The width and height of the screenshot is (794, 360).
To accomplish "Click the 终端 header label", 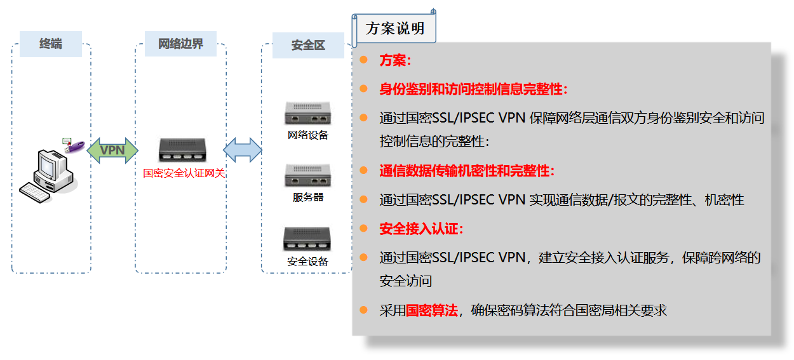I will tap(51, 44).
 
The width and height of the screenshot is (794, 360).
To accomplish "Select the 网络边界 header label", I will tap(180, 44).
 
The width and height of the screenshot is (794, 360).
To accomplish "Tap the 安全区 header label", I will tap(308, 45).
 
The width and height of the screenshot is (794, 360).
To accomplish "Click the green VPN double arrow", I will tap(112, 150).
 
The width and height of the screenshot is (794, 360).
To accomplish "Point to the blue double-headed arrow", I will tap(243, 150).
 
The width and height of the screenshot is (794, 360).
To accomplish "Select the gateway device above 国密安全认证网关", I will tap(184, 150).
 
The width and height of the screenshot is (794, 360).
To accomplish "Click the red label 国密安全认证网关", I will tap(184, 173).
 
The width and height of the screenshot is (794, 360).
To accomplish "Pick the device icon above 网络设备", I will tap(308, 114).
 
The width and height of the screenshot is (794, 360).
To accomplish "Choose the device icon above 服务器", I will tap(308, 175).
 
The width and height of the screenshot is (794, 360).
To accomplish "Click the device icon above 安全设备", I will tap(308, 239).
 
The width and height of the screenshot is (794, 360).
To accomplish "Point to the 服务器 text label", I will tap(308, 197).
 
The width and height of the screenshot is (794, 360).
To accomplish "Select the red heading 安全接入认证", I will tap(421, 229).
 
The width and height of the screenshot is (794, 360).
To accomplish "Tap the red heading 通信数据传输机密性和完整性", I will tap(466, 171).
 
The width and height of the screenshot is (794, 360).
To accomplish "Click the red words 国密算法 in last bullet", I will tap(431, 310).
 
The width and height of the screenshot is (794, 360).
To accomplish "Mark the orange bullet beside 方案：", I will tap(363, 60).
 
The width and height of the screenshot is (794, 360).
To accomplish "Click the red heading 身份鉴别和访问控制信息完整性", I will tap(473, 89).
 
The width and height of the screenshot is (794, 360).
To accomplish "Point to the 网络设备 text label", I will tap(308, 135).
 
